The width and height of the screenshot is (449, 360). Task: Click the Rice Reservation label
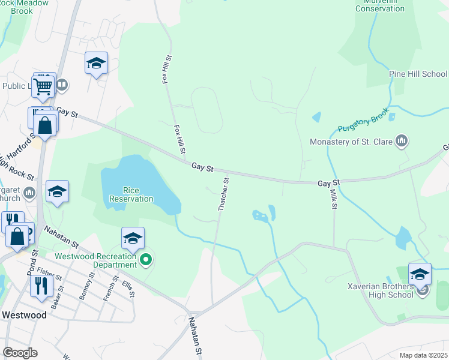click(x=131, y=194)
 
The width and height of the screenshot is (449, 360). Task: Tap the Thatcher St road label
click(x=223, y=193)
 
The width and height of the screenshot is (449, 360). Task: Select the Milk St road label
click(x=334, y=199)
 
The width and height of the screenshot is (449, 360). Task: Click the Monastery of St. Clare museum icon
click(x=402, y=142)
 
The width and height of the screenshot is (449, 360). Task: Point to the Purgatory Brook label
click(x=363, y=124)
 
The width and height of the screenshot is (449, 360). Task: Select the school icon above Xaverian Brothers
click(x=420, y=274)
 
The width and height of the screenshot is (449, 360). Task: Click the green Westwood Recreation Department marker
click(x=145, y=260)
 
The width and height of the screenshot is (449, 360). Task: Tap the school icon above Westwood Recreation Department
click(x=133, y=239)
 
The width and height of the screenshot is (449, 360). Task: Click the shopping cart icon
click(x=43, y=86)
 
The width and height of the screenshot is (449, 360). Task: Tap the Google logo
click(x=20, y=352)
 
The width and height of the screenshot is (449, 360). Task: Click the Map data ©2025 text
click(x=423, y=355)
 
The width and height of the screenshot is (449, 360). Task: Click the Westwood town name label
click(x=24, y=314)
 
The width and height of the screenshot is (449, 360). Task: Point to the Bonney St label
click(x=86, y=286)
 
